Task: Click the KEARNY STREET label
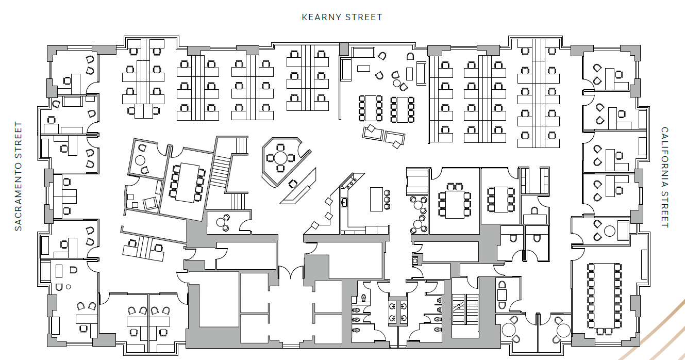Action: pos(342,17)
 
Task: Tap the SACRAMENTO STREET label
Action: pos(19,176)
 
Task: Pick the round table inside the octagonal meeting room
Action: pos(280,157)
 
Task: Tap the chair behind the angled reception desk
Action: pos(294,183)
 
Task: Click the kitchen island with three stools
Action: pos(376,199)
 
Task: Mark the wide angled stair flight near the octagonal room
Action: pos(220,173)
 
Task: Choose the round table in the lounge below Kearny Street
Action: pos(396,83)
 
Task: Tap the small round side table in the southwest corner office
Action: pos(68,287)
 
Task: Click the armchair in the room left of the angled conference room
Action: pos(150,203)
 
